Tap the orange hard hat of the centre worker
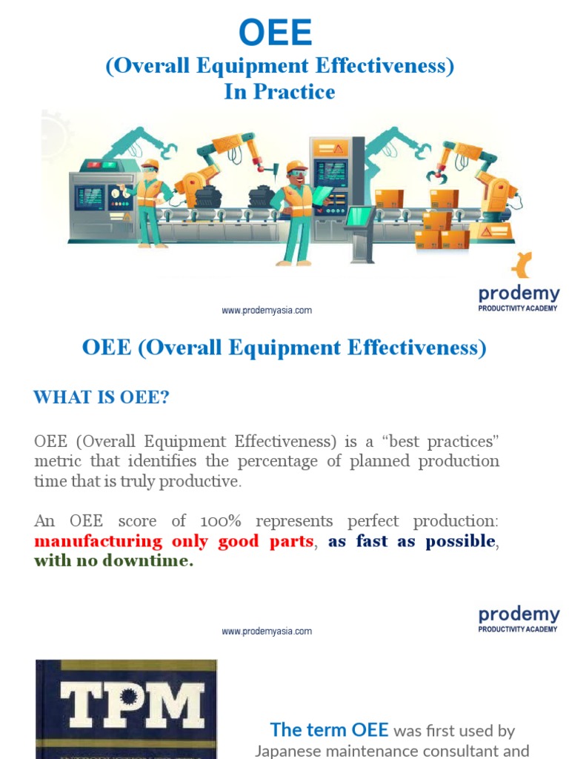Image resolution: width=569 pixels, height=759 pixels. click(x=296, y=167)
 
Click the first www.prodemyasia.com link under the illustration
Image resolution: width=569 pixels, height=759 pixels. click(x=267, y=311)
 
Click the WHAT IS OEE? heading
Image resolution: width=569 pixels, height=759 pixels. click(x=102, y=398)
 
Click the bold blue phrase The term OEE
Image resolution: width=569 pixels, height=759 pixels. click(x=329, y=729)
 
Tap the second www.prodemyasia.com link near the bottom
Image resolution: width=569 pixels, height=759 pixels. click(x=267, y=632)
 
